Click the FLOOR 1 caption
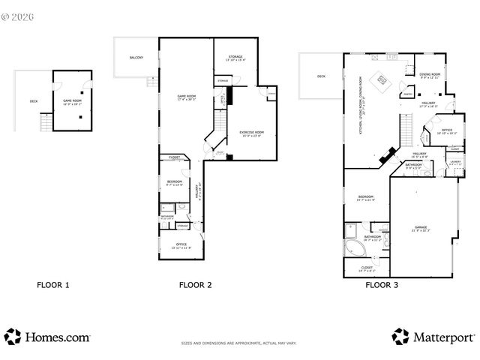coord(53,285)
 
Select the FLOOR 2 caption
coord(195,285)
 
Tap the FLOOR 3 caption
coord(382,285)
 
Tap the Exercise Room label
coord(251,133)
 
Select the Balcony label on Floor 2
coord(136,58)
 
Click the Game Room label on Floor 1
coord(72,101)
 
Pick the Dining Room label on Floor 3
coord(430,76)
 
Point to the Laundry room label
coord(454,162)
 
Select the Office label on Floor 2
coord(181,245)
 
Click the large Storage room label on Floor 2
coord(235,57)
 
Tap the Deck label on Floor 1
coord(33,100)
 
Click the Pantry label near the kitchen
coord(405,94)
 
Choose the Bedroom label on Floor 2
coord(174,182)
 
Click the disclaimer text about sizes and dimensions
coord(238,343)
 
